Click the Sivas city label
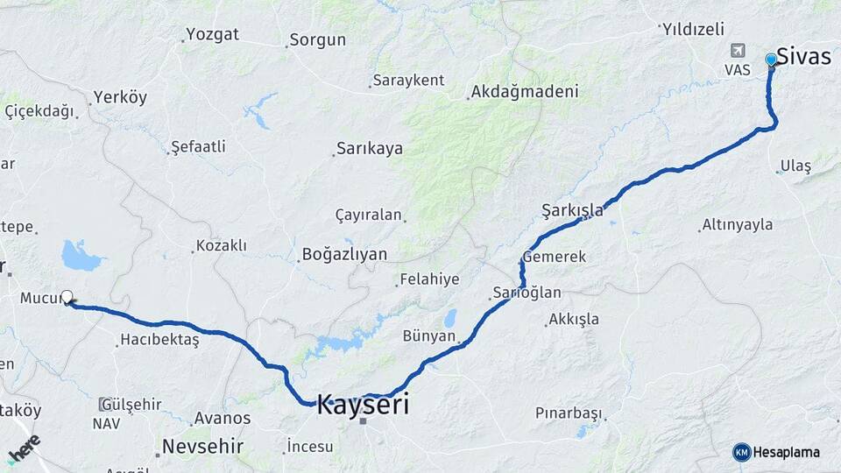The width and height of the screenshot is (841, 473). [804, 56]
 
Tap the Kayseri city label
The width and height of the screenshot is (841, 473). [362, 405]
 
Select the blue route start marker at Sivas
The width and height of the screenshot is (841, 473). [771, 60]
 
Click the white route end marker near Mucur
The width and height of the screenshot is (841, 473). [67, 297]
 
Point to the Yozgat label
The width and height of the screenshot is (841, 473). [212, 35]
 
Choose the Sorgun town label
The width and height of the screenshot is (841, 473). [317, 39]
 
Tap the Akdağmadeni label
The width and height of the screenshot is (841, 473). [525, 91]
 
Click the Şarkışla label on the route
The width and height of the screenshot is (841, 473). [573, 210]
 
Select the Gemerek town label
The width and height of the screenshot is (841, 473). [555, 257]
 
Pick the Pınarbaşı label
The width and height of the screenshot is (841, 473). [569, 413]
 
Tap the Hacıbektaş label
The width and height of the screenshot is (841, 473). [160, 339]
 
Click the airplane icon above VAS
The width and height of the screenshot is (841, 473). [738, 51]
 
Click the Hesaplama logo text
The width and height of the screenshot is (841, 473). [787, 452]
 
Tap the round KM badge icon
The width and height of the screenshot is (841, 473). [741, 452]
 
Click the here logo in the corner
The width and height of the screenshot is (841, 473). [24, 448]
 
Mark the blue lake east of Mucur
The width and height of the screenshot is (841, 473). [81, 256]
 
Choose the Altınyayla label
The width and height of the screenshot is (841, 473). [738, 224]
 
